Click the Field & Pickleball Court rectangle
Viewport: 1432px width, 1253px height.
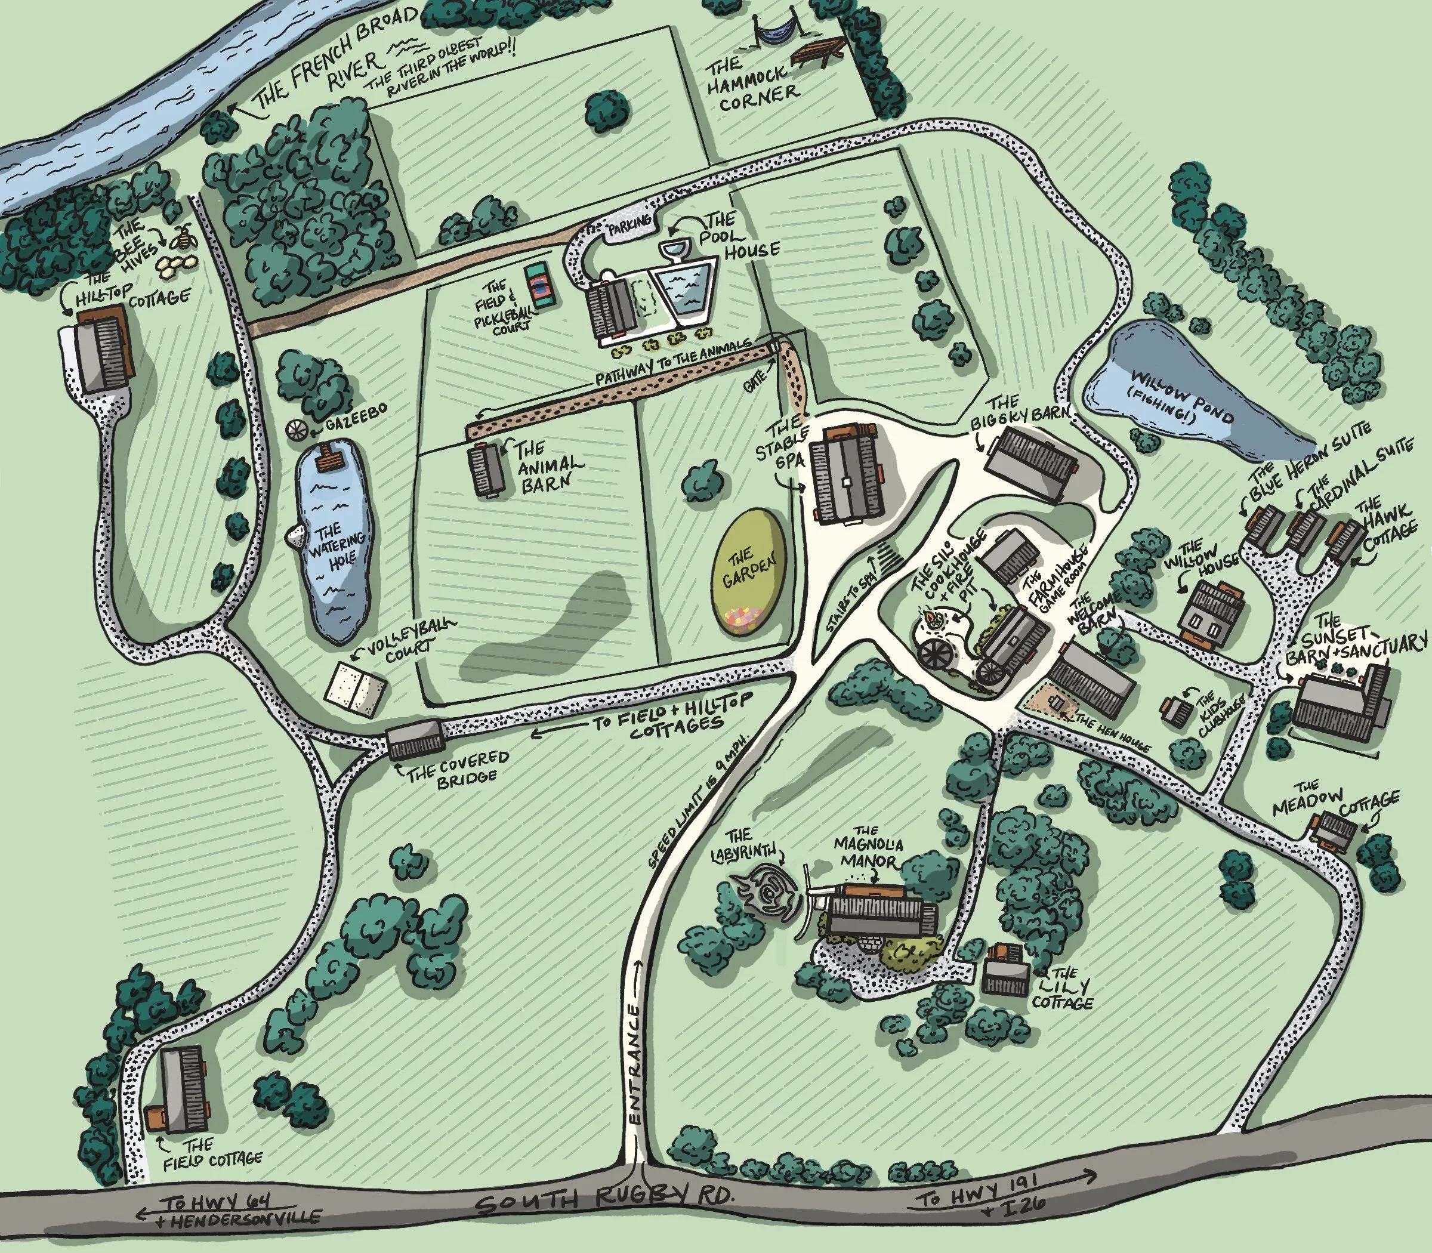(x=541, y=284)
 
